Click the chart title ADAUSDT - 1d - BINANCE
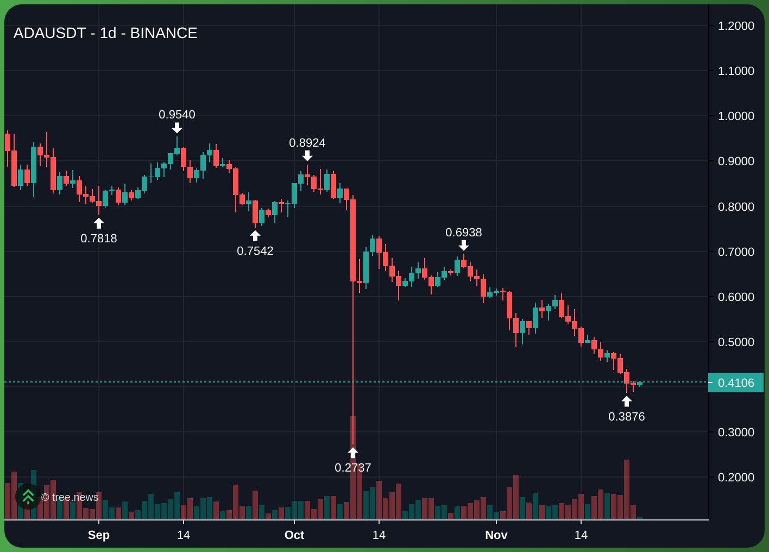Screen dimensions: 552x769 click(x=105, y=33)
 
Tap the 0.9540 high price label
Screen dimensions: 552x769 click(x=177, y=115)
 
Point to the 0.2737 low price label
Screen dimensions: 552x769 click(x=353, y=468)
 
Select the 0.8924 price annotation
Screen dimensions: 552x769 click(x=307, y=143)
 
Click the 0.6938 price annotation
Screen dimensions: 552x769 click(x=464, y=233)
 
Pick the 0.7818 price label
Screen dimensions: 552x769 click(x=99, y=239)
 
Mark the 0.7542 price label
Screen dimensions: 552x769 click(x=255, y=251)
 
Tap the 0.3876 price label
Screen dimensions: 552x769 click(x=627, y=417)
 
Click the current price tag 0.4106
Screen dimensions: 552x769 click(x=736, y=383)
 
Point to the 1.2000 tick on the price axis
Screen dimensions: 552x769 click(x=736, y=26)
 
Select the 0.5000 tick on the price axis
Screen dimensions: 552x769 click(x=736, y=342)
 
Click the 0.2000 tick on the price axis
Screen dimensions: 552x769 click(x=736, y=478)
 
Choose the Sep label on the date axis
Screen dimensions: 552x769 click(x=99, y=535)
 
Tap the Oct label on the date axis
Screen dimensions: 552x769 click(x=294, y=535)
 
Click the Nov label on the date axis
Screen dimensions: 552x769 click(x=496, y=535)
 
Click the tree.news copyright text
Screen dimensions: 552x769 click(x=70, y=497)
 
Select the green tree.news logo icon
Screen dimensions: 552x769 click(x=28, y=497)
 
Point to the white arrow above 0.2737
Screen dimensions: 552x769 click(x=353, y=453)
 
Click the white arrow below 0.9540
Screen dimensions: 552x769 click(x=177, y=128)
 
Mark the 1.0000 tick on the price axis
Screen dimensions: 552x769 click(x=736, y=116)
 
